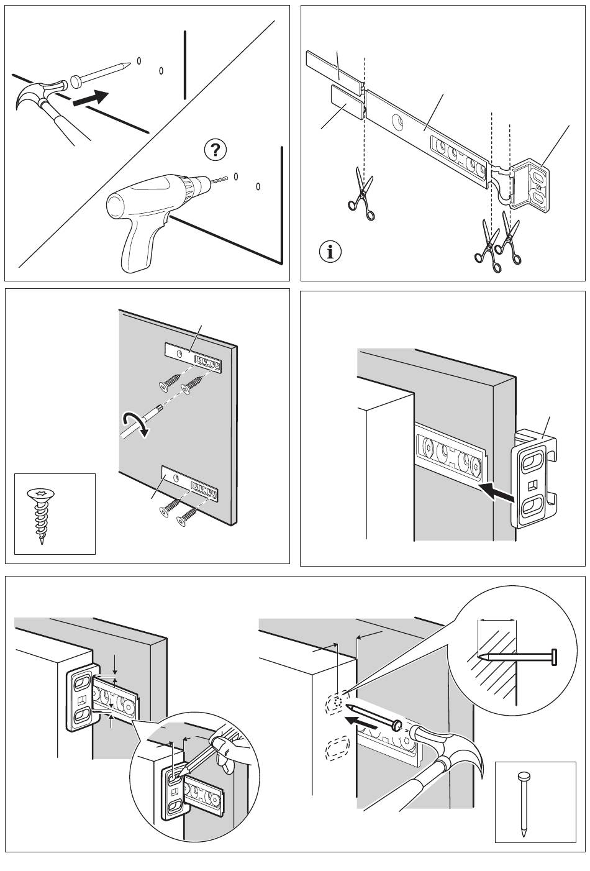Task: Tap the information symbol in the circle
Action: click(x=330, y=252)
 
